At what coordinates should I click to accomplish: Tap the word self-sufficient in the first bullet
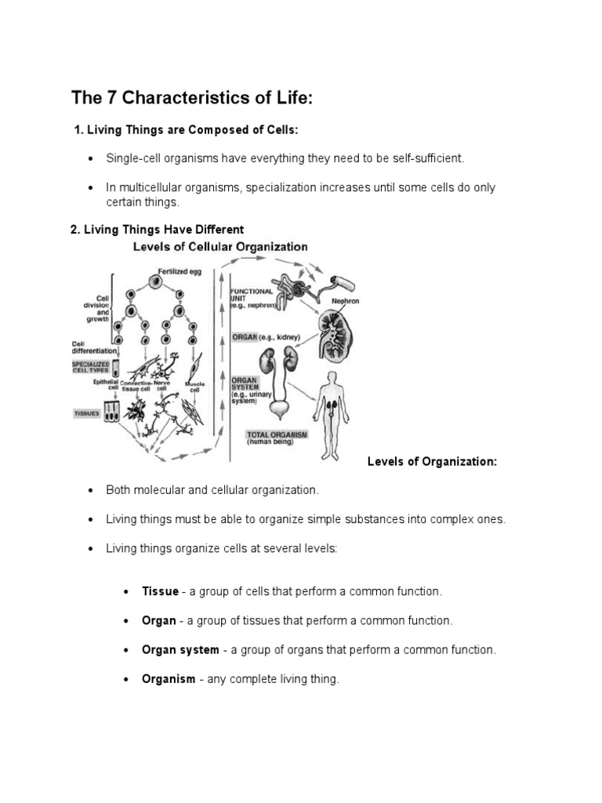click(427, 158)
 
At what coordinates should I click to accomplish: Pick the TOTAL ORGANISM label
click(277, 434)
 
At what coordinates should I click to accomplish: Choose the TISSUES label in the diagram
click(87, 413)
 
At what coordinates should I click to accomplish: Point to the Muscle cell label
click(195, 387)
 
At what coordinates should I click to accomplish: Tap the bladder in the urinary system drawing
click(279, 408)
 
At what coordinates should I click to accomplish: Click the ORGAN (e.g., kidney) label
click(269, 339)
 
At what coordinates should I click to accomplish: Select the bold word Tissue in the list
click(160, 590)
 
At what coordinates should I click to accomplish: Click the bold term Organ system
click(180, 650)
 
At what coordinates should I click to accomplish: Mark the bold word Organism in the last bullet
click(169, 680)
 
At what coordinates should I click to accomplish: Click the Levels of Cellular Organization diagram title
click(220, 246)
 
